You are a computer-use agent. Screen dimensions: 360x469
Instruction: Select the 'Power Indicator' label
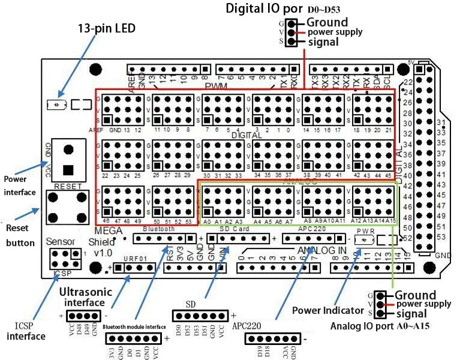pos(327,310)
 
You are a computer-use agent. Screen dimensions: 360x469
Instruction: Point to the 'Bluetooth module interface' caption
pos(134,326)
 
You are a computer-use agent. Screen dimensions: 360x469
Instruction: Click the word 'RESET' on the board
pos(68,187)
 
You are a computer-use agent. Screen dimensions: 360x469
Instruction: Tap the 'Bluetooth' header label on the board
pos(158,229)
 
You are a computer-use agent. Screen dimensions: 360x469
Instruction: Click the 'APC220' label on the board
pos(312,229)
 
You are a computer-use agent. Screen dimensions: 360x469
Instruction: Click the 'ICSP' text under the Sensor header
pos(61,272)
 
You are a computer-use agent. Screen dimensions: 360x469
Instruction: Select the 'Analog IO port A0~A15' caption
pos(380,326)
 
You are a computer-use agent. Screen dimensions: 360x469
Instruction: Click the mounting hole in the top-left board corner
pos(94,69)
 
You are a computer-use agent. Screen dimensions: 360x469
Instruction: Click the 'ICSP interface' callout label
pos(26,331)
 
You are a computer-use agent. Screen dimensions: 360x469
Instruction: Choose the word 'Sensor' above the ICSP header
pos(62,241)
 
